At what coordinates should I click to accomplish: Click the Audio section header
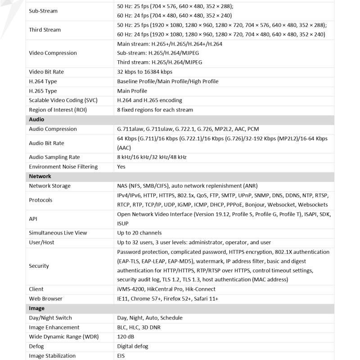pos(36,120)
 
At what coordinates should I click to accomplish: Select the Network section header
pos(40,176)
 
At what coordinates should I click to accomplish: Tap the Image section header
pos(37,309)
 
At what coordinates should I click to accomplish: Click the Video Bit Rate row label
pos(46,72)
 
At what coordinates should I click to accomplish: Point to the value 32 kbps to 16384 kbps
pos(144,72)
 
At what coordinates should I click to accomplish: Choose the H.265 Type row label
pos(44,91)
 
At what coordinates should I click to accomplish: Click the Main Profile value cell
pos(132,91)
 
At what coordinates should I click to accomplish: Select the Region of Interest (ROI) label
pos(58,110)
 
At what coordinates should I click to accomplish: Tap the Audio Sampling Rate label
pos(54,157)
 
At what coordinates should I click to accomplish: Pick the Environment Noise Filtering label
pos(63,167)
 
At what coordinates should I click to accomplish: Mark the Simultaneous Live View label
pos(58,233)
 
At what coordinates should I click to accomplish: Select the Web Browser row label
pos(45,299)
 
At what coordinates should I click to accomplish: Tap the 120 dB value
pos(126,337)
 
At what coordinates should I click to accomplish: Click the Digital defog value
pos(132,346)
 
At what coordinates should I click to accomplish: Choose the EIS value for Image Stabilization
pos(121,356)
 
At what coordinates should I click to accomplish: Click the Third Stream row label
pos(45,30)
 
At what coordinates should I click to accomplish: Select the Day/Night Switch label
pos(50,318)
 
